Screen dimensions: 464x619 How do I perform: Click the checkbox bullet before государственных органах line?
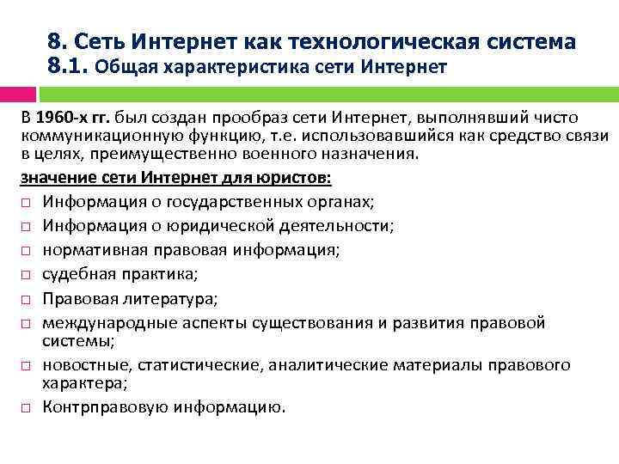pyautogui.click(x=26, y=202)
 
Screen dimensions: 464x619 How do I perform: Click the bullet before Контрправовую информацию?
pyautogui.click(x=26, y=407)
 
